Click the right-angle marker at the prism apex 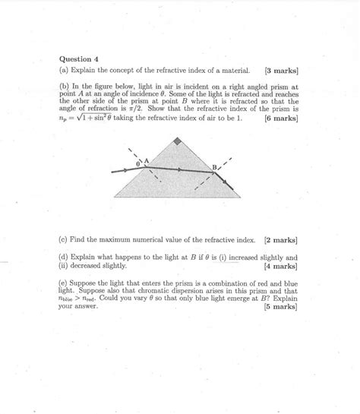point(178,141)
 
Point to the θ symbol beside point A point(137,163)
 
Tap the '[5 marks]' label point(280,308)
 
